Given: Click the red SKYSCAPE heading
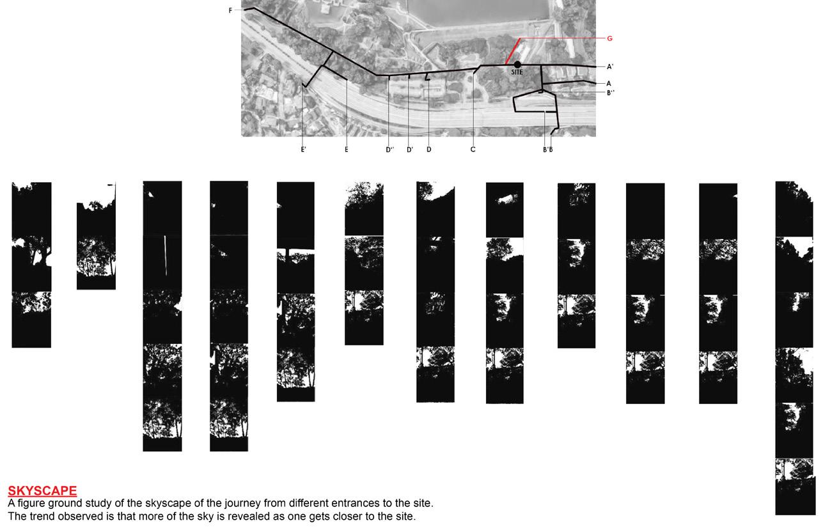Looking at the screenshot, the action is click(x=42, y=491).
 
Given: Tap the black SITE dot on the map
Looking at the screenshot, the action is click(x=517, y=65).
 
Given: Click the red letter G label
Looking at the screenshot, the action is click(x=609, y=38).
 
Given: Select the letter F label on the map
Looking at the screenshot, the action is click(x=230, y=10).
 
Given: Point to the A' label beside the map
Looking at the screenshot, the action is click(x=610, y=67).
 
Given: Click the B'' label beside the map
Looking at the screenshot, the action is click(x=611, y=93).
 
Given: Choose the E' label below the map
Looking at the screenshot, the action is click(x=304, y=150).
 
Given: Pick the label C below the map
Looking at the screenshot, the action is click(x=473, y=150).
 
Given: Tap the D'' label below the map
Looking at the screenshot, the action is click(x=390, y=150).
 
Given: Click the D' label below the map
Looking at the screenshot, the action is click(x=410, y=150).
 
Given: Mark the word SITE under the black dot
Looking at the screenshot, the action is click(x=517, y=72).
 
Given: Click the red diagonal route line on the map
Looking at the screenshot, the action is click(x=513, y=51).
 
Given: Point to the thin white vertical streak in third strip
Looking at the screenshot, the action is click(x=166, y=255).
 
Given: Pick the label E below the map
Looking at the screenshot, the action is click(x=347, y=150).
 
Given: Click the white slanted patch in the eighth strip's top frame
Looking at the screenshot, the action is click(x=506, y=199).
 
